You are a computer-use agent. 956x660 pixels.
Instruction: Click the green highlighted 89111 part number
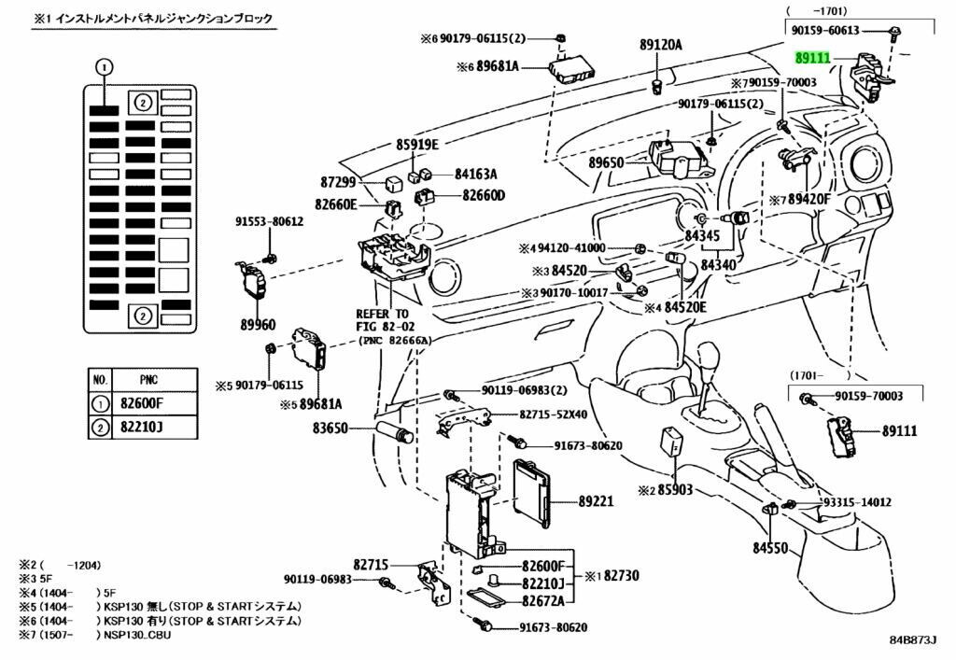pyautogui.click(x=812, y=58)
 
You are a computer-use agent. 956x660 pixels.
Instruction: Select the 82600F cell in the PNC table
pyautogui.click(x=154, y=403)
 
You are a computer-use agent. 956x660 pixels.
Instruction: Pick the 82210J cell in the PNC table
pyautogui.click(x=154, y=428)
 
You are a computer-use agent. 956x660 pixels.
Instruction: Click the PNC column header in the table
pyautogui.click(x=154, y=380)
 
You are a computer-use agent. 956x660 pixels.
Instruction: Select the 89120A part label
pyautogui.click(x=661, y=44)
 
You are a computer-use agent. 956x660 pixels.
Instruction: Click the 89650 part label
pyautogui.click(x=606, y=162)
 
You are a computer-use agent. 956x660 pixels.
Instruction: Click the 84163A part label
pyautogui.click(x=476, y=174)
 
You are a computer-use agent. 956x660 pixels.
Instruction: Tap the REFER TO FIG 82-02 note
pyautogui.click(x=382, y=320)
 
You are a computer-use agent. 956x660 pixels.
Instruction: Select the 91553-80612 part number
pyautogui.click(x=269, y=221)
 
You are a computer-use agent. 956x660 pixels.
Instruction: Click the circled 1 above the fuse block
pyautogui.click(x=104, y=66)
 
